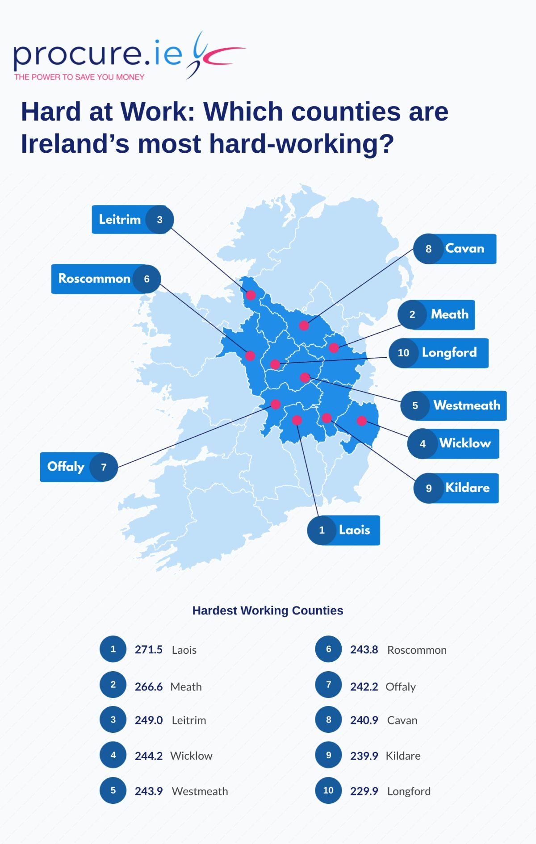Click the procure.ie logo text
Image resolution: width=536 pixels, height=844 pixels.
[98, 54]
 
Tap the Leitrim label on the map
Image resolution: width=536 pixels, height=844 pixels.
[120, 220]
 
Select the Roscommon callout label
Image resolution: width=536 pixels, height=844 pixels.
[94, 279]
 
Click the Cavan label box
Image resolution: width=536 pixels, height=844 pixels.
[465, 249]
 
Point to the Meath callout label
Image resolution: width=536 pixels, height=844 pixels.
[449, 315]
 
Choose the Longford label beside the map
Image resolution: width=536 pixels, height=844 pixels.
[449, 353]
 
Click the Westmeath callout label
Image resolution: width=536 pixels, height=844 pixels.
[467, 405]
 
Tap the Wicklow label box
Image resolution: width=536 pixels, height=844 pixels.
[465, 443]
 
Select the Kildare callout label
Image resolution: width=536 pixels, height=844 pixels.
[467, 488]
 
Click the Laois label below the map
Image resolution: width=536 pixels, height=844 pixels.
[354, 531]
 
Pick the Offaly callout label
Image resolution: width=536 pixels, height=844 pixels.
[66, 467]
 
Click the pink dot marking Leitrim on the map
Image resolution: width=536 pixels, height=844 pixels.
[251, 295]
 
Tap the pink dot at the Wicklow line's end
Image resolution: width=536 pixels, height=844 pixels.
[362, 421]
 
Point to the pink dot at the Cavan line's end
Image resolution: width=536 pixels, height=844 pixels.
[304, 326]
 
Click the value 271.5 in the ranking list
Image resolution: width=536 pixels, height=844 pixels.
[148, 650]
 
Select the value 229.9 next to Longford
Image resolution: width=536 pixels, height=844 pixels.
[364, 791]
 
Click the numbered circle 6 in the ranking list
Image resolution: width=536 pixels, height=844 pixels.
[328, 649]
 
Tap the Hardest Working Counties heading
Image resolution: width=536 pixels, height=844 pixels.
[268, 610]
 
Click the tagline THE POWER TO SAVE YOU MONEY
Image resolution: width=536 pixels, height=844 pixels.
[80, 77]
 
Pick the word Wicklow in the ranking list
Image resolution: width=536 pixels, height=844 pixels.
[191, 756]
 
